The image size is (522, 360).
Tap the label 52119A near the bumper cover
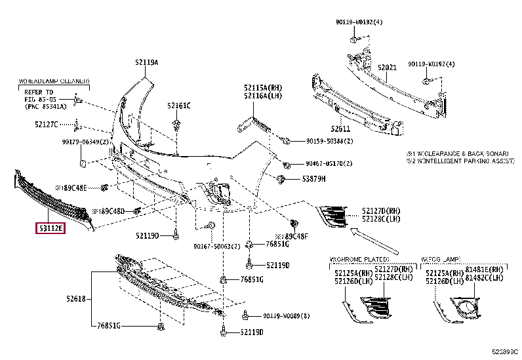point(147,62)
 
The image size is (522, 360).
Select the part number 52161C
point(178,105)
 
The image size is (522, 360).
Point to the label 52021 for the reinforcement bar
point(387,68)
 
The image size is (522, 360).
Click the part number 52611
point(340,129)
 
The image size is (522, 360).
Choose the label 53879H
point(314,178)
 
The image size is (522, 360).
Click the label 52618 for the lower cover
point(75,298)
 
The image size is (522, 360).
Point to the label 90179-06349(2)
point(86,142)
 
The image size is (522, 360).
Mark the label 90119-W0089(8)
point(285,315)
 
